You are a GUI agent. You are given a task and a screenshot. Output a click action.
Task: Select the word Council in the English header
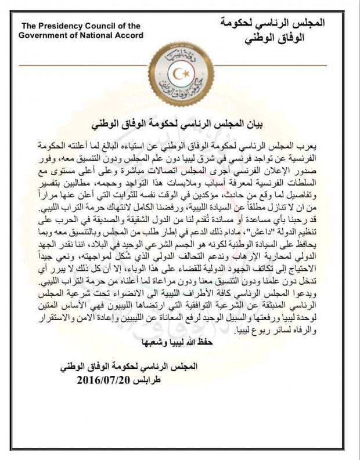point(104,26)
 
